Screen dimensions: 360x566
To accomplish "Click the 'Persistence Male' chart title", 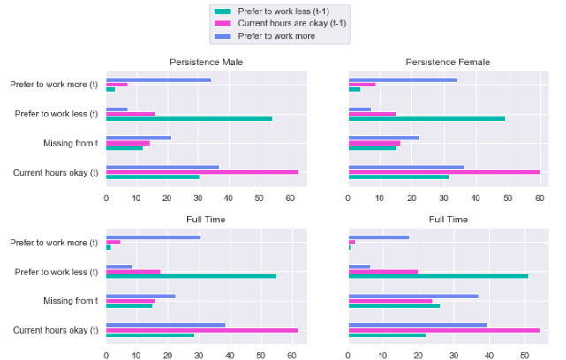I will (x=206, y=62).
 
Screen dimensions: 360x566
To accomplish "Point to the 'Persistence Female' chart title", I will (x=448, y=62).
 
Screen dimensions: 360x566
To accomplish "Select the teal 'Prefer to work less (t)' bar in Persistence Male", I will (x=189, y=118).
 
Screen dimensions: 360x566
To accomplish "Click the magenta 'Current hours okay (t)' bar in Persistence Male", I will (x=201, y=172).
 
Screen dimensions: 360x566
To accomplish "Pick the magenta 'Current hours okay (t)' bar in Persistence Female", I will (x=443, y=172).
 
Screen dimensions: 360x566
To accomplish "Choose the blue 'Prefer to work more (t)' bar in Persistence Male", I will (x=158, y=79).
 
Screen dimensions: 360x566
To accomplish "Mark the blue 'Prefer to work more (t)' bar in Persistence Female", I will (x=403, y=79).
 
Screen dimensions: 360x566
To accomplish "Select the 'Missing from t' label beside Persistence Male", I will (x=71, y=143).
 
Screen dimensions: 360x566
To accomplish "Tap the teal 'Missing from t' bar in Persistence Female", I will (x=373, y=147).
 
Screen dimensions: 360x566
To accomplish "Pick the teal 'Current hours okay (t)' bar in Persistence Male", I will (x=152, y=176).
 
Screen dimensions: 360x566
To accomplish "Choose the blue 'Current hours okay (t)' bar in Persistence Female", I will (x=406, y=167).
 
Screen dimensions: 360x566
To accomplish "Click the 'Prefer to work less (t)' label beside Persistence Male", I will (x=57, y=114).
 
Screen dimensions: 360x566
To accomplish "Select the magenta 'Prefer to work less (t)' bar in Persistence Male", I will (x=130, y=114).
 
